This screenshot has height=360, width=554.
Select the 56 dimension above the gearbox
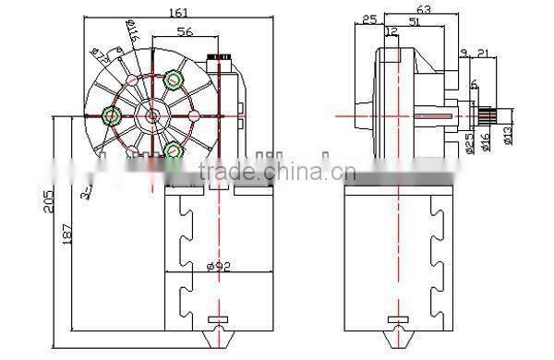(185, 32)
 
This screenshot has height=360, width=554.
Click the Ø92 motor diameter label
(217, 266)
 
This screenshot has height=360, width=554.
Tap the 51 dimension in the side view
(415, 24)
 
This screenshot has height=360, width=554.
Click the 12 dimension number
(391, 32)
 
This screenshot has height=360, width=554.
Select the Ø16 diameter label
(486, 141)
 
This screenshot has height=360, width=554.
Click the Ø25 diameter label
(470, 141)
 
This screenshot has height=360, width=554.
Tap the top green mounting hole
(172, 80)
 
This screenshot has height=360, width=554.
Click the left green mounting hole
(113, 115)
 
